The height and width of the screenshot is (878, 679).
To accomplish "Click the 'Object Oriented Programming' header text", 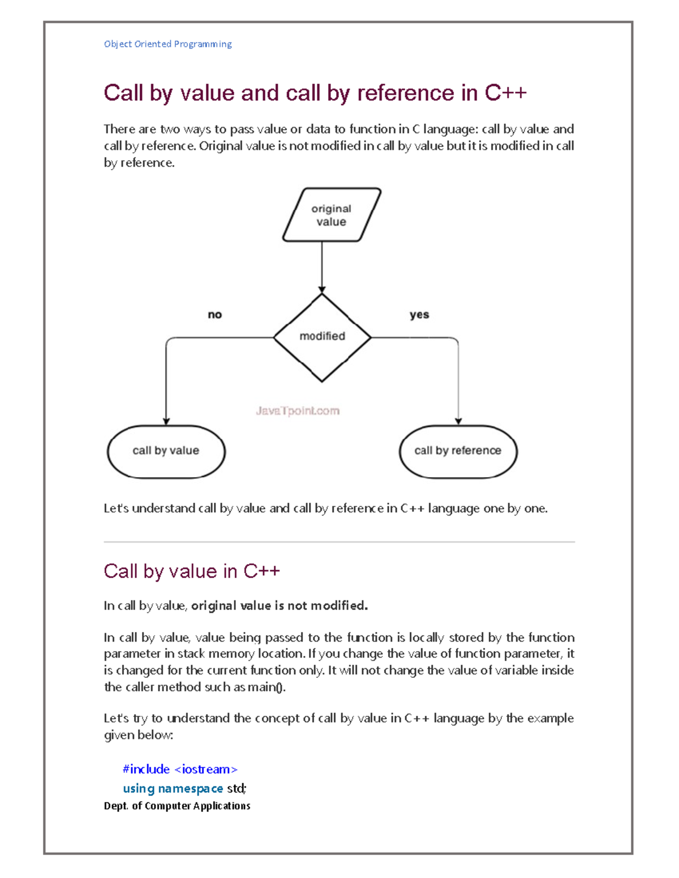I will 167,44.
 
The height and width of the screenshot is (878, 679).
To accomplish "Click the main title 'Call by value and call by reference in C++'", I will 315,93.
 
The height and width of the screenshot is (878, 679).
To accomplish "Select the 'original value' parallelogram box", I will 332,215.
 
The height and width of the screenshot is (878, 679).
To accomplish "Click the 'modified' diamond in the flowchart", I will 322,337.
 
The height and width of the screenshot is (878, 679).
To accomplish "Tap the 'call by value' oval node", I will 166,451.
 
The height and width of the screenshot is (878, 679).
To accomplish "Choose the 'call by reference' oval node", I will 458,451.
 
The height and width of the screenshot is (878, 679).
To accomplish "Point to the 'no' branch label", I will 215,315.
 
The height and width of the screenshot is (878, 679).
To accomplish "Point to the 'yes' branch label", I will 419,315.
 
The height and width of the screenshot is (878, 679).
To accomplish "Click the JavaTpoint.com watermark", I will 298,411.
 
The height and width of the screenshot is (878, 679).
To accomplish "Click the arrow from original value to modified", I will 322,266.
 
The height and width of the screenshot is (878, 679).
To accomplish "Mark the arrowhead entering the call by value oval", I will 166,421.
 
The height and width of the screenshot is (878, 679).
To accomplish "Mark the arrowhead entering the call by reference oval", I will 458,421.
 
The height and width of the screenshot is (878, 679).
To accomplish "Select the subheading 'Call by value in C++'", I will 192,572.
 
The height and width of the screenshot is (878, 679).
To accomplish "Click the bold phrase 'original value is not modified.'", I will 280,606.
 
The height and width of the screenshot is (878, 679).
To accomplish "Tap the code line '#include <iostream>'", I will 180,769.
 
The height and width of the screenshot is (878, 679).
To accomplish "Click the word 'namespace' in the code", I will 190,789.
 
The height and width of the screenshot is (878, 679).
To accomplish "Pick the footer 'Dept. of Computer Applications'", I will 177,806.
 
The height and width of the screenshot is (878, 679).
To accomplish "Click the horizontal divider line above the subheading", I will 339,542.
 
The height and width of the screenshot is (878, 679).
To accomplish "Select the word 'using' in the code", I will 139,789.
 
